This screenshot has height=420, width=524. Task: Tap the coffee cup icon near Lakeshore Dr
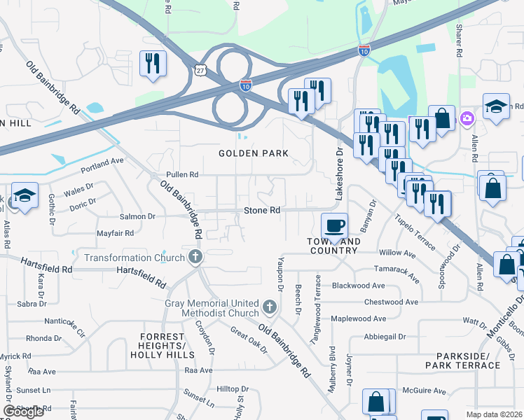334,225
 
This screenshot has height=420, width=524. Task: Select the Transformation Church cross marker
195,258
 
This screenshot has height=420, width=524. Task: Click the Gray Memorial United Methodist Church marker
269,307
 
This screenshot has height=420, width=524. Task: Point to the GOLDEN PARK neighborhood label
254,153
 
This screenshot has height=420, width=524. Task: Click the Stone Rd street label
261,210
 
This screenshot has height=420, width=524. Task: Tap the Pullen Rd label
182,174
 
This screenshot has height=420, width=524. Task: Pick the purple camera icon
467,119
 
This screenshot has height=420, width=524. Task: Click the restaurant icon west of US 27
152,64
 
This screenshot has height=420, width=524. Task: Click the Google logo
24,412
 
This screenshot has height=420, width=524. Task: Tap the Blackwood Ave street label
358,286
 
